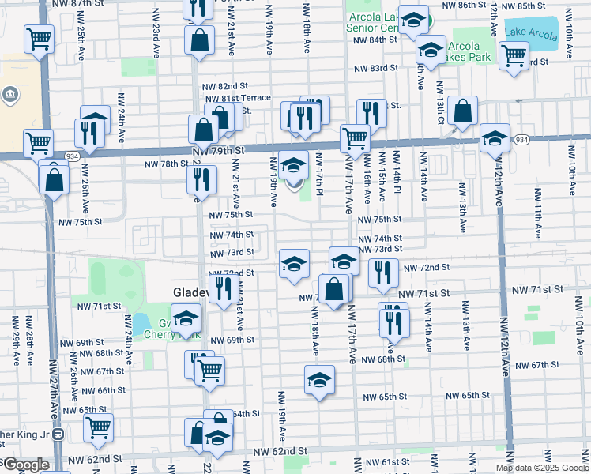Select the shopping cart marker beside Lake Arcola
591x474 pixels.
pyautogui.click(x=514, y=55)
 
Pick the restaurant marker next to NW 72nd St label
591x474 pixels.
pyautogui.click(x=383, y=273)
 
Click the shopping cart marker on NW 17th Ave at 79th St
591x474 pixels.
pyautogui.click(x=355, y=138)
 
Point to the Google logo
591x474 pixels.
pyautogui.click(x=25, y=465)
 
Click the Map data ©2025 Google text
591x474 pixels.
pyautogui.click(x=542, y=468)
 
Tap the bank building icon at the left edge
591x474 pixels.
pyautogui.click(x=10, y=96)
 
